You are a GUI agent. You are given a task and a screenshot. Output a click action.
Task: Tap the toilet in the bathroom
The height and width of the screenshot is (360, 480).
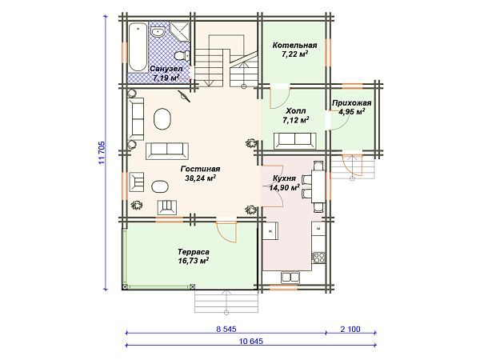182,56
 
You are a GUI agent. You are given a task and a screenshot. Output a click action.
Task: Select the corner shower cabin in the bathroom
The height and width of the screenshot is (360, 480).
180,32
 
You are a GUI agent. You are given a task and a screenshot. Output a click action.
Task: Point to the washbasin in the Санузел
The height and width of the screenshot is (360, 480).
158,31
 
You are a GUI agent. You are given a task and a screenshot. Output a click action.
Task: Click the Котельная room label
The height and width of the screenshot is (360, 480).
294,46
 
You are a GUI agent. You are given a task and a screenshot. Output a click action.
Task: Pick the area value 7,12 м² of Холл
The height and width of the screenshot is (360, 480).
296,120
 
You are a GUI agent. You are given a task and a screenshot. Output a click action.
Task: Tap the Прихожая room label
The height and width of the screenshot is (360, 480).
352,103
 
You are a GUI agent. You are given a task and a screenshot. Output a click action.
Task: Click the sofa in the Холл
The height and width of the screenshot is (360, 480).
294,140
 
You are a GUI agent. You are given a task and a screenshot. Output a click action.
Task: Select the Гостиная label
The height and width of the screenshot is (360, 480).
200,169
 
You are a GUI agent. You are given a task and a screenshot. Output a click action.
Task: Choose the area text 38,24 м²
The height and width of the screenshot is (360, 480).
201,178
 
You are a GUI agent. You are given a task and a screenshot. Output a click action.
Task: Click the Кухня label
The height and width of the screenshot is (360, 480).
284,178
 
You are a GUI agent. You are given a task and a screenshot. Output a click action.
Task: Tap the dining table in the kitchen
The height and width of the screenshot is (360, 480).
318,186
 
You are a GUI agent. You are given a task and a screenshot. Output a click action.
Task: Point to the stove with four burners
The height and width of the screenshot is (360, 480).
318,257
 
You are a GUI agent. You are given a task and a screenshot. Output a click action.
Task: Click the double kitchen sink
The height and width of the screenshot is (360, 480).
290,278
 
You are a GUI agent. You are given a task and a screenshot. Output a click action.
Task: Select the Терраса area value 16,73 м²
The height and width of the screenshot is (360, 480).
193,261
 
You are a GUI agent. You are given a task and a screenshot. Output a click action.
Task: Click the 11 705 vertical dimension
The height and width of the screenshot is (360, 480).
102,152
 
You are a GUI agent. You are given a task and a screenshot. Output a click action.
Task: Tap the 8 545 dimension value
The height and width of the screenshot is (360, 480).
226,330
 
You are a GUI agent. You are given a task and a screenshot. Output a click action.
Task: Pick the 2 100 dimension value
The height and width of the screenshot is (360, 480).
350,330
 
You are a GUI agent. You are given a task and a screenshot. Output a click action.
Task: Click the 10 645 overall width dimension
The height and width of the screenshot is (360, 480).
250,341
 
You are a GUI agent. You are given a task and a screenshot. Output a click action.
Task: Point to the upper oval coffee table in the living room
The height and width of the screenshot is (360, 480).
162,119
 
